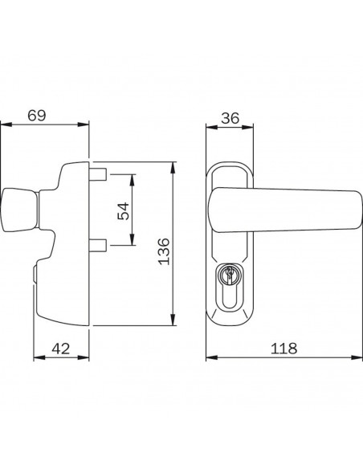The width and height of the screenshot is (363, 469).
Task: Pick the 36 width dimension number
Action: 230,117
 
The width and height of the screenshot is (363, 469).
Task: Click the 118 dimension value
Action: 284,349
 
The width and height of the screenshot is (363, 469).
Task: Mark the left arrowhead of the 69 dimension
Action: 4,125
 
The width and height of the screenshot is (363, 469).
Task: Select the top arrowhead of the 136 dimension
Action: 173,165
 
